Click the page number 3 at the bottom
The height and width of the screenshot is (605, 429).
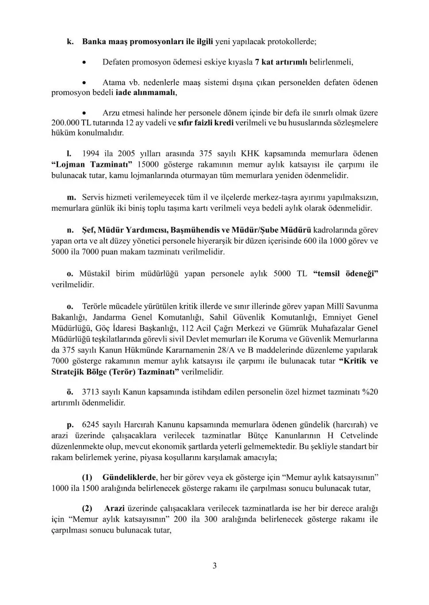point(214,566)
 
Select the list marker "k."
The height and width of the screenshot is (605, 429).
point(70,42)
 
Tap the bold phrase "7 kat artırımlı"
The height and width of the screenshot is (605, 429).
point(281,62)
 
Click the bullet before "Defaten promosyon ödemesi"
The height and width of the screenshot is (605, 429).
point(84,62)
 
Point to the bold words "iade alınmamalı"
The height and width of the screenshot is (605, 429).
point(146,93)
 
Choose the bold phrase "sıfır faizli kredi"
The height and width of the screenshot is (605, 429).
point(205,122)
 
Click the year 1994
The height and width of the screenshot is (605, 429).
point(91,154)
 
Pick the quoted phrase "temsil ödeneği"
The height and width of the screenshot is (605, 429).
point(345,273)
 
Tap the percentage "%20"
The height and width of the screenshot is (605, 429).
point(369,392)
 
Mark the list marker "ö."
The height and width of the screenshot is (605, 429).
point(70,392)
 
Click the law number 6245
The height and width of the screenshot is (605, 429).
point(91,425)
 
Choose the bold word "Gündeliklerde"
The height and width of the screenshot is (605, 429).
point(129,477)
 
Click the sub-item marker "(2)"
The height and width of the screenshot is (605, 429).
point(87,508)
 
